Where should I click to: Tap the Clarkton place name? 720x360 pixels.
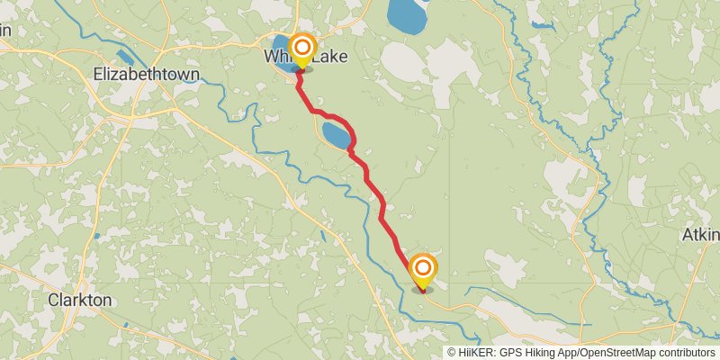pos(80,300)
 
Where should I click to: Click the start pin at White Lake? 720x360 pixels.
pos(302,50)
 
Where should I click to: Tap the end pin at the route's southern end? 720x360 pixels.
pos(422,271)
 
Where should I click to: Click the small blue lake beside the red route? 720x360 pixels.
pos(336,138)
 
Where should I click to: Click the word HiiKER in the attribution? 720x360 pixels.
pos(477,353)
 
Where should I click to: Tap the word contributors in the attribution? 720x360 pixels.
pos(685,353)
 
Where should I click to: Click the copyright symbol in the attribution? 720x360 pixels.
pos(453,353)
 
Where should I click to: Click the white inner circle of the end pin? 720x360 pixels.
pos(422,267)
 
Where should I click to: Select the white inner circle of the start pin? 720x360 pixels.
pos(302,46)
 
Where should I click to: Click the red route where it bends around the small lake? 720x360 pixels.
pos(352,135)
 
